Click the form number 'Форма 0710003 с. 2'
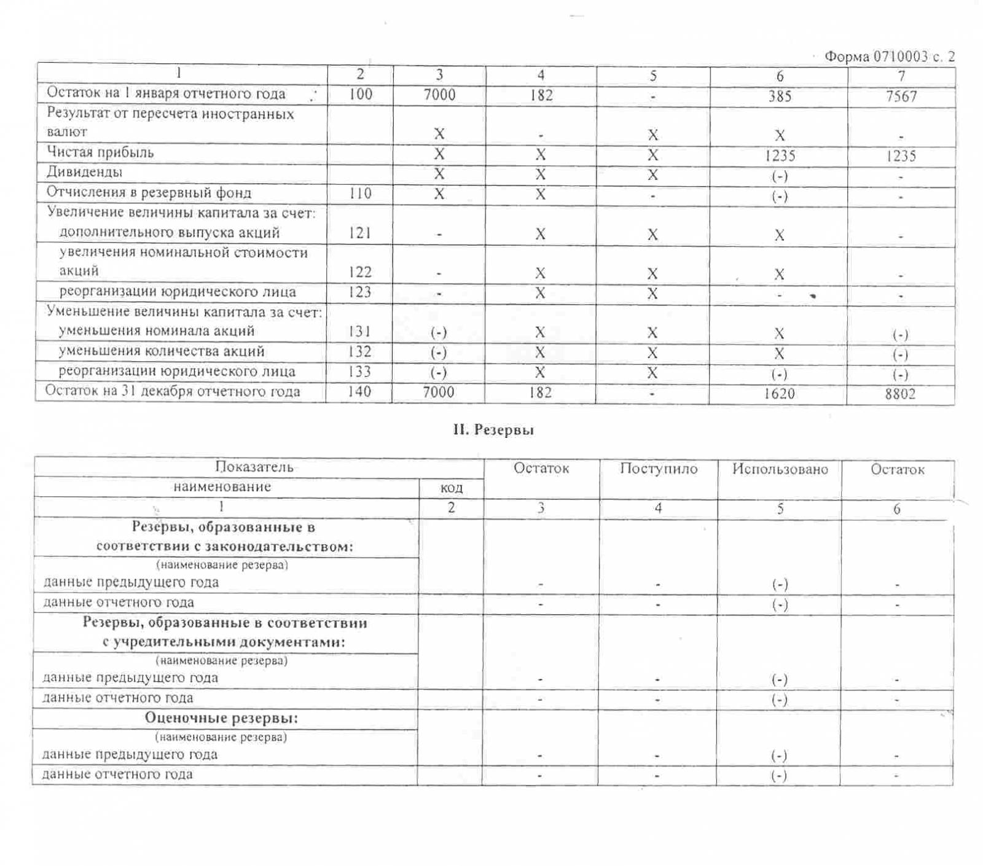889,57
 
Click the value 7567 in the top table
901,96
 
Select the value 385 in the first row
779,96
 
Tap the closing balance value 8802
900,394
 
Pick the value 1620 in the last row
779,393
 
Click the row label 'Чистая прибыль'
100,152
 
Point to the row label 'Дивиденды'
84,172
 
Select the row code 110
360,193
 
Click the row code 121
360,233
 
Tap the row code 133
359,372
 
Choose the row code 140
359,391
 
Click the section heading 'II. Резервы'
493,430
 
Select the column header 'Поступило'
659,469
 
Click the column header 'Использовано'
780,470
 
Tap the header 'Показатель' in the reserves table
254,467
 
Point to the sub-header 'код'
451,488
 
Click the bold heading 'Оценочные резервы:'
222,718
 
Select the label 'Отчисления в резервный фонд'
149,193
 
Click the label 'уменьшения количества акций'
161,351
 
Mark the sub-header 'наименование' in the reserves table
222,487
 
